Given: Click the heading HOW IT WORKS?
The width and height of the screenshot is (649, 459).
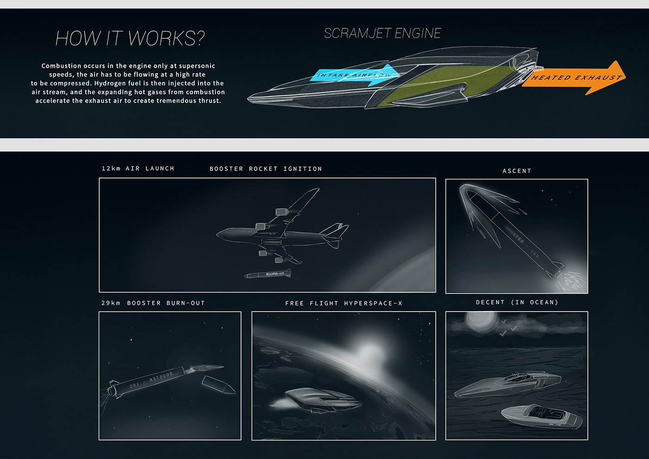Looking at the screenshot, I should point(130,38).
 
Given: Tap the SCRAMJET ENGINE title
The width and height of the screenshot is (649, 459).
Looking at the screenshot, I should point(382,33).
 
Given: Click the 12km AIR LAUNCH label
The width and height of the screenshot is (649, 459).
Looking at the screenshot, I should point(138,169).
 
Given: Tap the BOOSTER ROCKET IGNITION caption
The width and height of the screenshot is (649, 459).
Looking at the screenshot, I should point(266,169).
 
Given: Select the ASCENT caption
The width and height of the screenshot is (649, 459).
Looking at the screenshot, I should point(517,171).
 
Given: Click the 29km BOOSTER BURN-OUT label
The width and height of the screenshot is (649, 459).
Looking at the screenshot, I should point(153,303).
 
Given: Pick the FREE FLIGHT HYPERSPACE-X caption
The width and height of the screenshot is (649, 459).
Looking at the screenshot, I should point(344,304).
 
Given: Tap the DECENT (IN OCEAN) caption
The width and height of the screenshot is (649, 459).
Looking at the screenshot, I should point(517,303).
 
